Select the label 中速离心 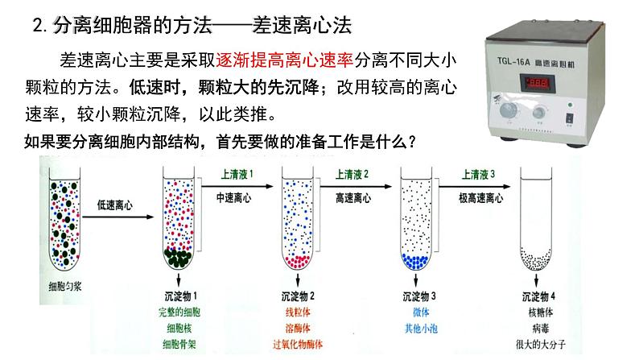[x=235, y=197]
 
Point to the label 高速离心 [x=355, y=197]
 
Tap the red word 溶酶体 [x=300, y=328]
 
